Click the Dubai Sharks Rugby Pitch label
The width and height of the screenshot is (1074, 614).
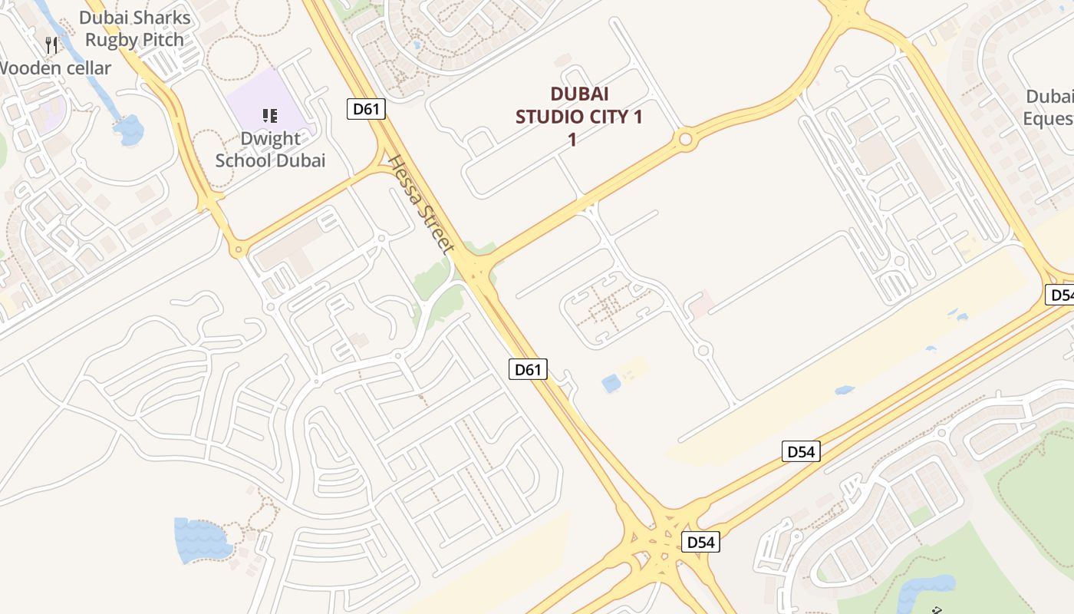134,28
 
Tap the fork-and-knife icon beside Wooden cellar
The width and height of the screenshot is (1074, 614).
51,45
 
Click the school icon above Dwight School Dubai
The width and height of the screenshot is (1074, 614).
269,116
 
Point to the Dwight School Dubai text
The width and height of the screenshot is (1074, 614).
270,150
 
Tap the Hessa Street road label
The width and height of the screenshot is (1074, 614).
421,205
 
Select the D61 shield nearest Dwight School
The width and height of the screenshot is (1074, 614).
366,109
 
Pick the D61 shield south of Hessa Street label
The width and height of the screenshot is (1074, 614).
528,369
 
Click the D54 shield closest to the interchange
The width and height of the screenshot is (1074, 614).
700,542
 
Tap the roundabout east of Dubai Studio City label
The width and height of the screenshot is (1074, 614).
685,140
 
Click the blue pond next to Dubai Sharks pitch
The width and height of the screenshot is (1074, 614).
129,130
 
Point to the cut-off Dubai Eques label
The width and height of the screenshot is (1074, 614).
1048,107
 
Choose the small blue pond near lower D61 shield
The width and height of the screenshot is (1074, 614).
611,383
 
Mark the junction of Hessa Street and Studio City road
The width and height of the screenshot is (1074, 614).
477,269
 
